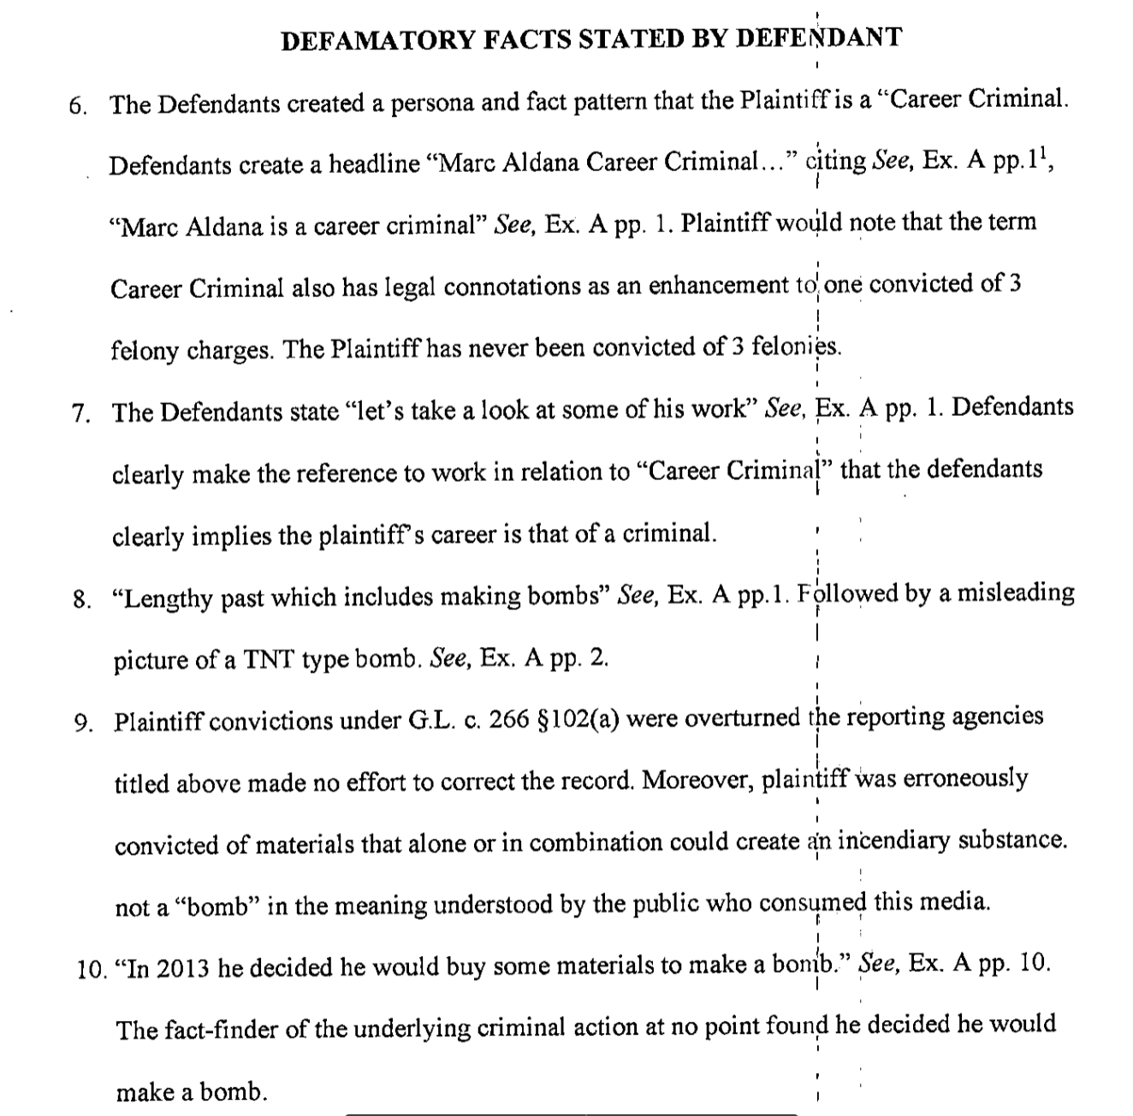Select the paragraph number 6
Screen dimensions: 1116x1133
coord(78,106)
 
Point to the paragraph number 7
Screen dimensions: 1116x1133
coord(80,414)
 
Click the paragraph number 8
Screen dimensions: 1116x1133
coord(81,599)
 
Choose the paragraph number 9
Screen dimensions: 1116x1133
coord(83,724)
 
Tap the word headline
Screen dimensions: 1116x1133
coord(364,164)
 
